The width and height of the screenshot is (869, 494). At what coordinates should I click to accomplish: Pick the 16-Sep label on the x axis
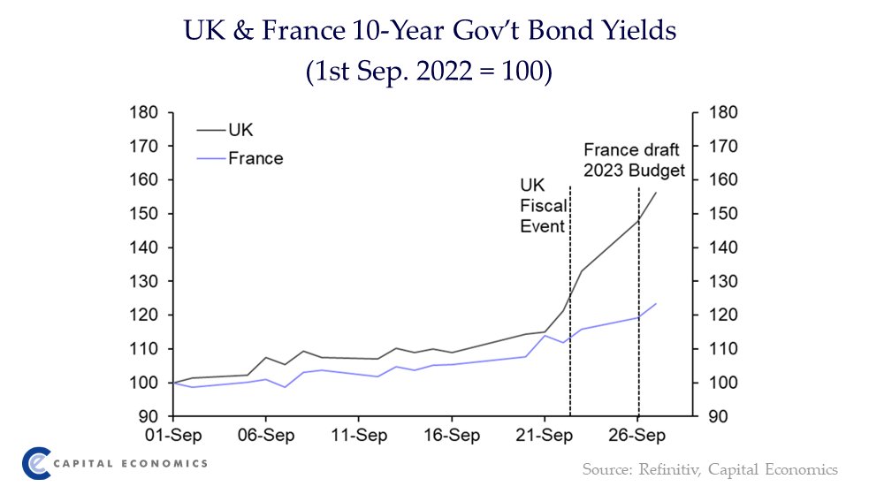[x=452, y=436]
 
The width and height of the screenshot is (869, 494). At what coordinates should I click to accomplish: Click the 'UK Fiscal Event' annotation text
[x=544, y=207]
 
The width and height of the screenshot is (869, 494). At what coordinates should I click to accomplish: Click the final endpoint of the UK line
[x=656, y=193]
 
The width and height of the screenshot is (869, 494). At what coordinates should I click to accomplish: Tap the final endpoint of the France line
[x=656, y=303]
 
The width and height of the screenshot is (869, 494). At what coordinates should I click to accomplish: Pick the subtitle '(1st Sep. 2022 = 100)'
[x=429, y=71]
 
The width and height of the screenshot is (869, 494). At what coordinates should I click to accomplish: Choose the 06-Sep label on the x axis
[x=265, y=436]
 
